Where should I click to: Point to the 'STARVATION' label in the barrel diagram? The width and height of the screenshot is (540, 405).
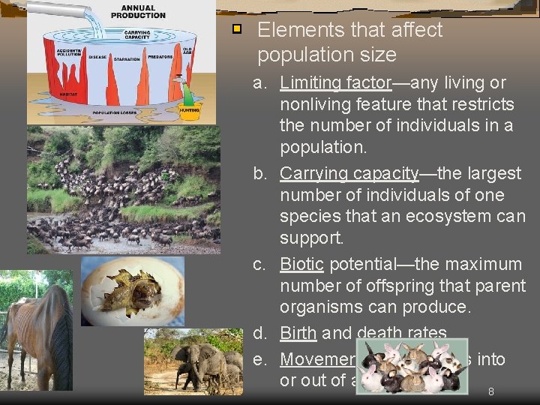coord(127,58)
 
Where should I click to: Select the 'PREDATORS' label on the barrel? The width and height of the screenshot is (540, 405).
coord(160,56)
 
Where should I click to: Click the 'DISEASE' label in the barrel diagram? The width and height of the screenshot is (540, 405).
coord(97,56)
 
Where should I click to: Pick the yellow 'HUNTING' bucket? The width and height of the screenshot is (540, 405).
coord(190,112)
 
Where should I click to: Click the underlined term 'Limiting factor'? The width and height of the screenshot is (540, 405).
coord(336,82)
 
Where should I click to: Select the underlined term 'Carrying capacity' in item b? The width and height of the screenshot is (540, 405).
coord(348,173)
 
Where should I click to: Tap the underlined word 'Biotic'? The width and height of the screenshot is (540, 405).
coord(301,264)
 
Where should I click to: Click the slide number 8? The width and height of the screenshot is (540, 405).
coord(490,391)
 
